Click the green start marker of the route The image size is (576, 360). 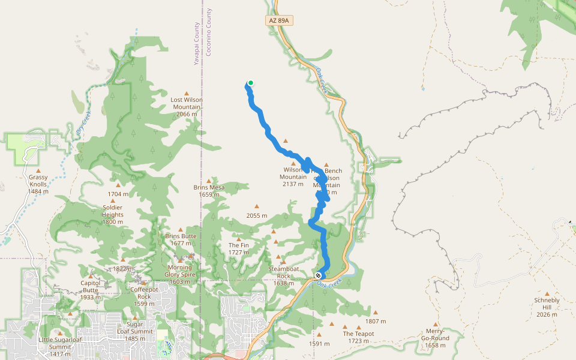pos(250,83)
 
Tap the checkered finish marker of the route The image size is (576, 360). pos(318,275)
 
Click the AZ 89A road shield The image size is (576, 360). pos(280,20)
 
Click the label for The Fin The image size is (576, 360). pos(238,249)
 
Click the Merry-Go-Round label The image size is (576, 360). pos(435,341)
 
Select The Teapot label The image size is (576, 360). pos(358,337)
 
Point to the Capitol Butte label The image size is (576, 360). pos(91,290)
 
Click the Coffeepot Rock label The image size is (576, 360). pos(144,296)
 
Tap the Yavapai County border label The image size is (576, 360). pos(196,44)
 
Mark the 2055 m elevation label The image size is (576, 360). pos(256,215)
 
